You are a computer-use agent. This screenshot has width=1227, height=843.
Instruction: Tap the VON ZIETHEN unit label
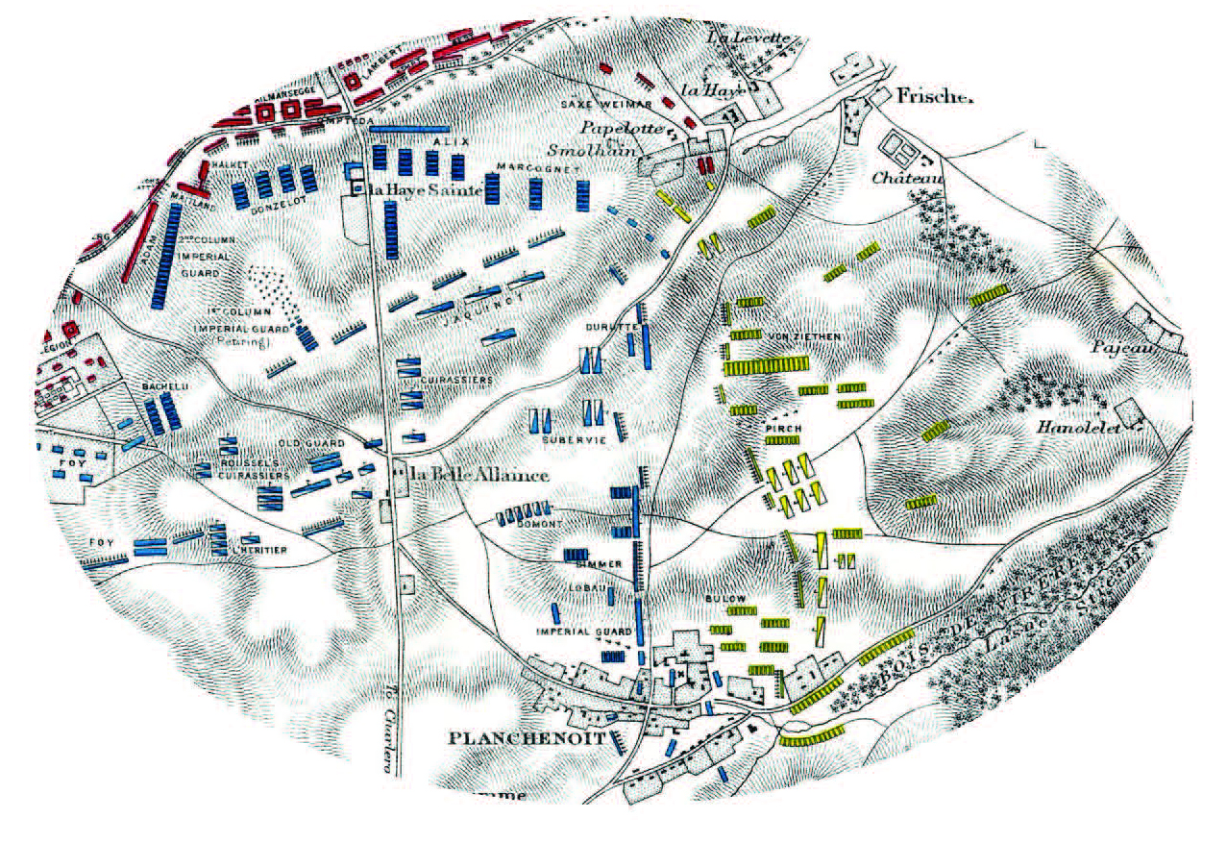coord(805,336)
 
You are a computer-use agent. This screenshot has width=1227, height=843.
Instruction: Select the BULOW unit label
coord(726,598)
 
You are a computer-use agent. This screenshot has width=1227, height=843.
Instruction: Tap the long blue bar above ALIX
coord(409,128)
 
